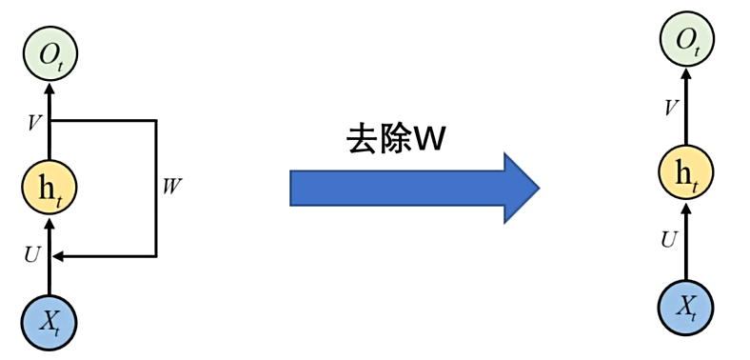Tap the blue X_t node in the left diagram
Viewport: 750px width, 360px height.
(50, 321)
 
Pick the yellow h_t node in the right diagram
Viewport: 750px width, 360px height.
(685, 173)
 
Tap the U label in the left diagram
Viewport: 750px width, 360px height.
(31, 255)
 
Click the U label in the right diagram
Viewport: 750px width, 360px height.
(668, 240)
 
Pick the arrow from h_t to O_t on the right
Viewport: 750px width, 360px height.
(686, 110)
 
